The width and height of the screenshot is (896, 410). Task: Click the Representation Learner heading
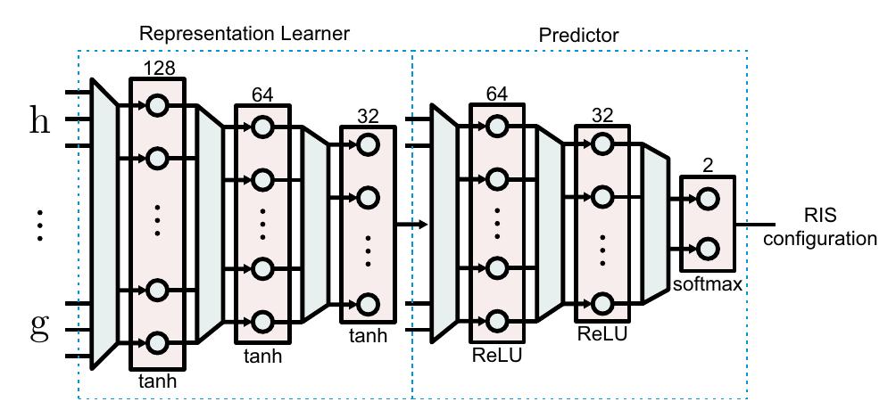(x=244, y=34)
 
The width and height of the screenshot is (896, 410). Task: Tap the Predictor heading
(x=578, y=35)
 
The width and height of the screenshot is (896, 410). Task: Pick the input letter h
(x=39, y=120)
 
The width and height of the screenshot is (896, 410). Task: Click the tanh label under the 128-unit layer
(x=157, y=381)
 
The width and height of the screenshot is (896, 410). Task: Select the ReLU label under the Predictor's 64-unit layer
(x=496, y=357)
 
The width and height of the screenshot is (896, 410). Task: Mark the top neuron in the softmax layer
(x=707, y=200)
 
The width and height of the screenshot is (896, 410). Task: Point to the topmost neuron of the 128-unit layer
(x=157, y=105)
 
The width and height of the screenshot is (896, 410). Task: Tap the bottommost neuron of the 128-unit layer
(x=157, y=342)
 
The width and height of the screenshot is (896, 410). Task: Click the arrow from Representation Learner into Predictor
(x=413, y=225)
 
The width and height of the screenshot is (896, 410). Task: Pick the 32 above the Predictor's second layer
(x=601, y=116)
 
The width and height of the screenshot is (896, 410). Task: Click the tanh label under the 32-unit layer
(x=367, y=335)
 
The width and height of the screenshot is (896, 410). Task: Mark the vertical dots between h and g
(x=39, y=225)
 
